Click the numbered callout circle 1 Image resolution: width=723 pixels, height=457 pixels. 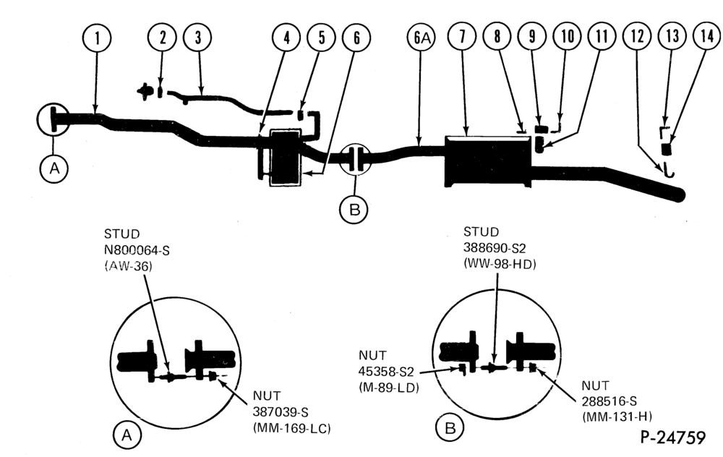pyautogui.click(x=97, y=38)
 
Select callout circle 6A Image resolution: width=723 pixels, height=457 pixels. pyautogui.click(x=422, y=38)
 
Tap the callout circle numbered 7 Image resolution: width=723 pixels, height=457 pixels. pyautogui.click(x=462, y=36)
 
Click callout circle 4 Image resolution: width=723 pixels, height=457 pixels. pyautogui.click(x=286, y=38)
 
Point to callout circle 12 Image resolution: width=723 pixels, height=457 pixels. pyautogui.click(x=637, y=36)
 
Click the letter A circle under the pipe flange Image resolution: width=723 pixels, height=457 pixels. pyautogui.click(x=54, y=168)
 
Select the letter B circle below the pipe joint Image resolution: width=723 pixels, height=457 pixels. pyautogui.click(x=354, y=210)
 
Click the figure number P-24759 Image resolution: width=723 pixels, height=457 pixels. pyautogui.click(x=672, y=437)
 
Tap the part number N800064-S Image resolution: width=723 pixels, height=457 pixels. pyautogui.click(x=137, y=250)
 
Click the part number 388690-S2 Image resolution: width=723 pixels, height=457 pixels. pyautogui.click(x=495, y=248)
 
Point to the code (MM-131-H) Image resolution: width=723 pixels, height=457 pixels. pyautogui.click(x=617, y=417)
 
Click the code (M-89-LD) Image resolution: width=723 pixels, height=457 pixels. pyautogui.click(x=389, y=388)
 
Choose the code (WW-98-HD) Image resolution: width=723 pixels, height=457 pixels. pyautogui.click(x=500, y=264)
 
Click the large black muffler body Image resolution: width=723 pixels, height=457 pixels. pyautogui.click(x=487, y=161)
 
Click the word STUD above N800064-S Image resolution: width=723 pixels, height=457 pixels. pyautogui.click(x=121, y=234)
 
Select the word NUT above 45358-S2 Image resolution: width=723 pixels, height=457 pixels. pyautogui.click(x=372, y=356)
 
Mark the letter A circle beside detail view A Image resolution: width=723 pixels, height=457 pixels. pyautogui.click(x=127, y=435)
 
